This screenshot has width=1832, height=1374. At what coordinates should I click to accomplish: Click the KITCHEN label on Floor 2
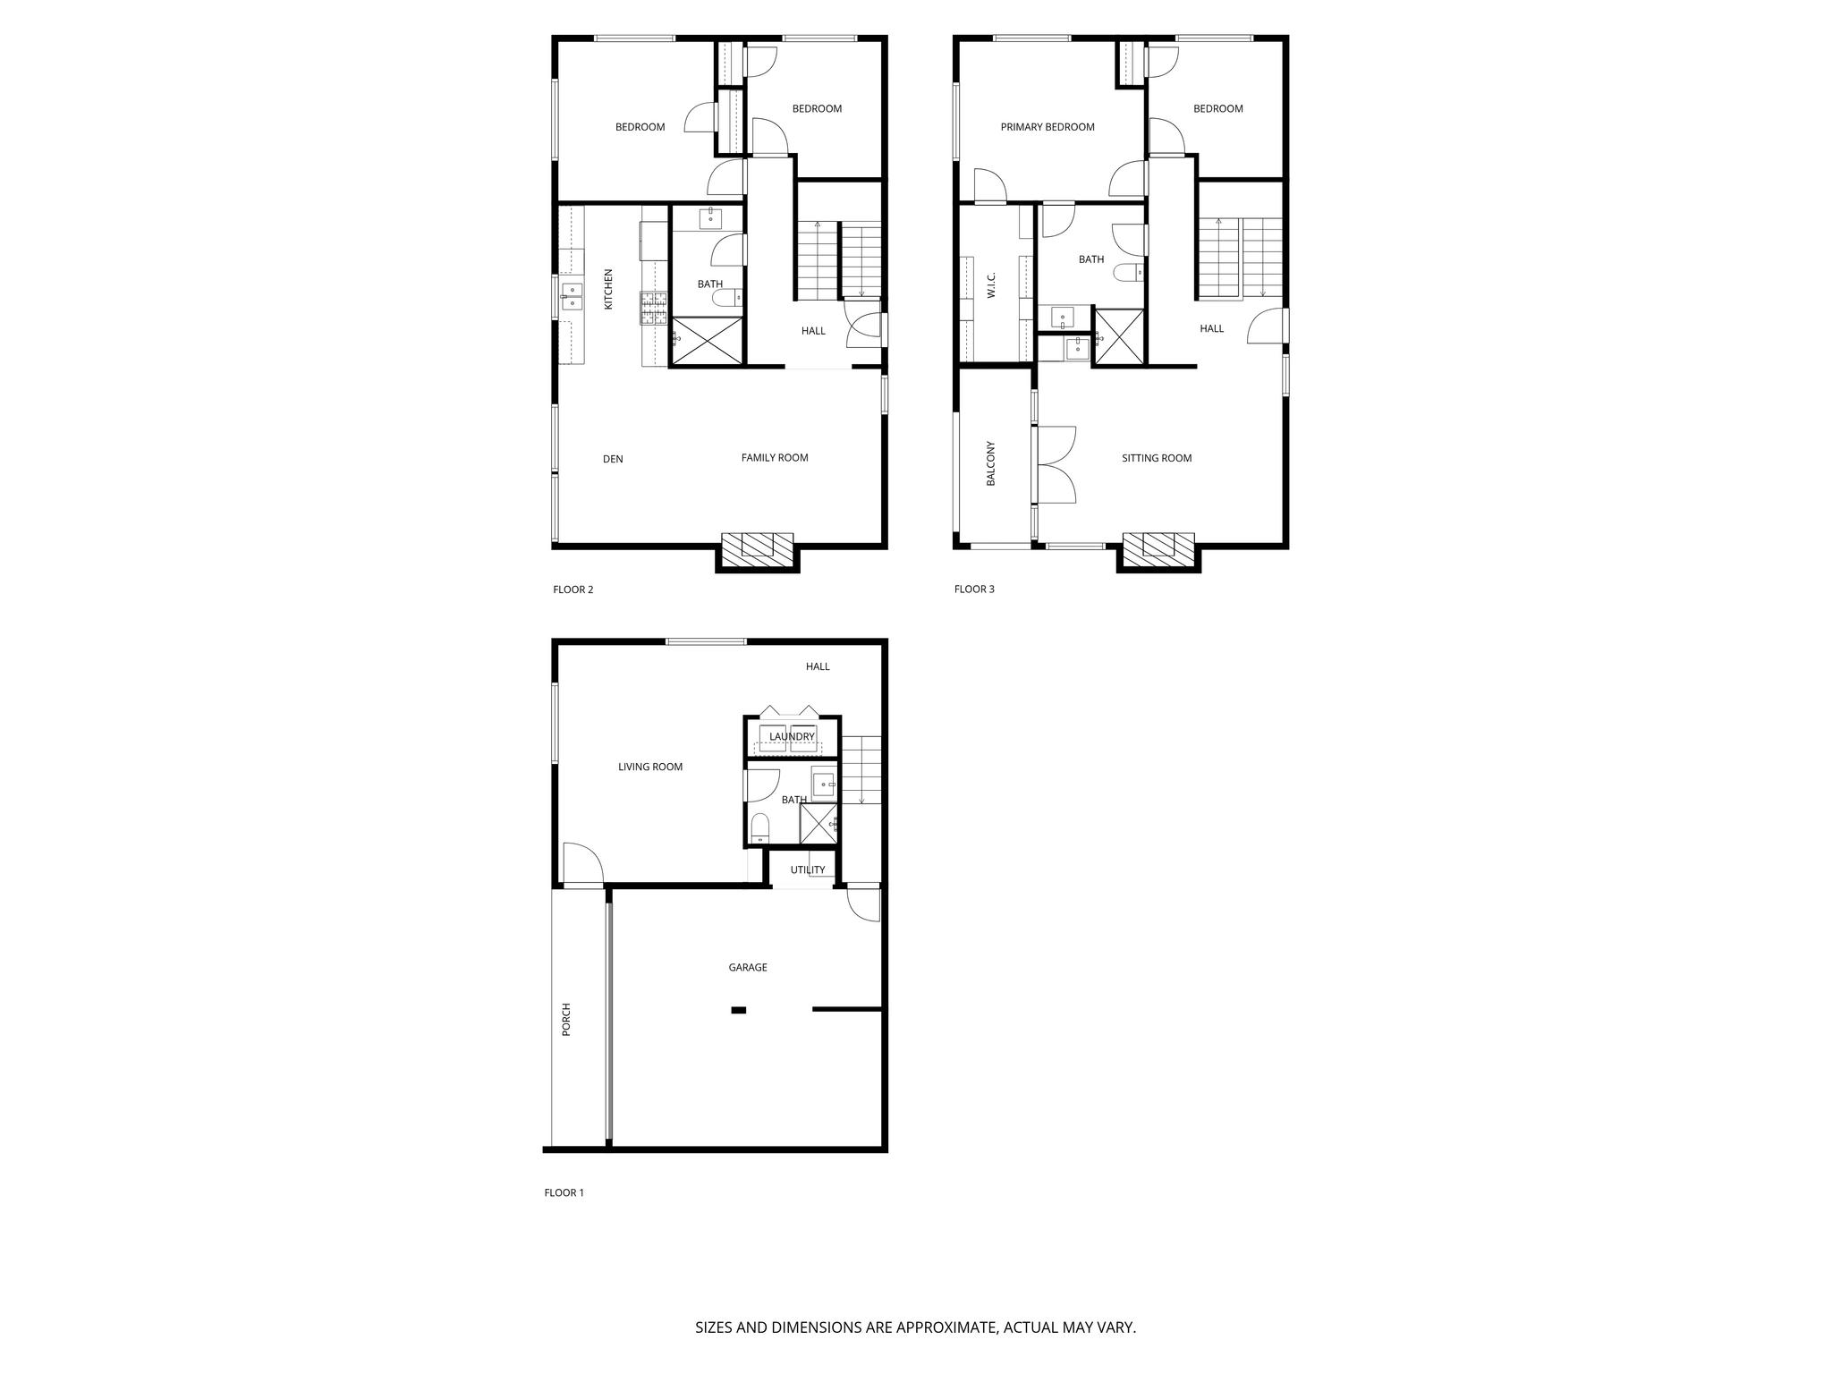(608, 289)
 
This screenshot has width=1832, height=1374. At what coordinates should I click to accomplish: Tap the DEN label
(613, 459)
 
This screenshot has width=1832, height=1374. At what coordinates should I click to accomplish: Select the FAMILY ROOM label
(775, 457)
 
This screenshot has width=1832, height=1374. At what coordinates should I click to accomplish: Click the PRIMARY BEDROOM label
(1047, 127)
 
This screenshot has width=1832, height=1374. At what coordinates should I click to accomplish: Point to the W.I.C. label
(991, 285)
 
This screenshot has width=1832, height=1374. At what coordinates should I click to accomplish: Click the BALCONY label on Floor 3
(990, 463)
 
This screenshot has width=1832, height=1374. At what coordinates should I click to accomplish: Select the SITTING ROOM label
(1157, 458)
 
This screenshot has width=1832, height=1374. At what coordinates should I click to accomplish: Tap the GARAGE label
(748, 967)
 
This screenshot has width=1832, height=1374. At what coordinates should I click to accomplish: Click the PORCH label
(565, 1020)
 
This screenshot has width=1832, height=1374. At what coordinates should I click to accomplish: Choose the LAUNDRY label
(792, 737)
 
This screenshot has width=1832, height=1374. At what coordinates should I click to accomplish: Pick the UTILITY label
(808, 869)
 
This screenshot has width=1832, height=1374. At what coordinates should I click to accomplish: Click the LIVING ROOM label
(650, 767)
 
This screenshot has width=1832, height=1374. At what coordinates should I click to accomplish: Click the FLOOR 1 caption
(564, 1192)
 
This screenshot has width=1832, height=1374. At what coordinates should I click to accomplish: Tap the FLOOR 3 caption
(974, 589)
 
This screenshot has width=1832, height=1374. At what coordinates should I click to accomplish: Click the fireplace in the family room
(757, 550)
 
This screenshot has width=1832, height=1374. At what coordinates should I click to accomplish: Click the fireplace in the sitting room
(1158, 550)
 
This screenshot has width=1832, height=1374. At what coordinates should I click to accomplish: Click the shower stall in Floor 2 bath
(707, 340)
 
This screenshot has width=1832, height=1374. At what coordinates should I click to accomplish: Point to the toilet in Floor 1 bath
(760, 827)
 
